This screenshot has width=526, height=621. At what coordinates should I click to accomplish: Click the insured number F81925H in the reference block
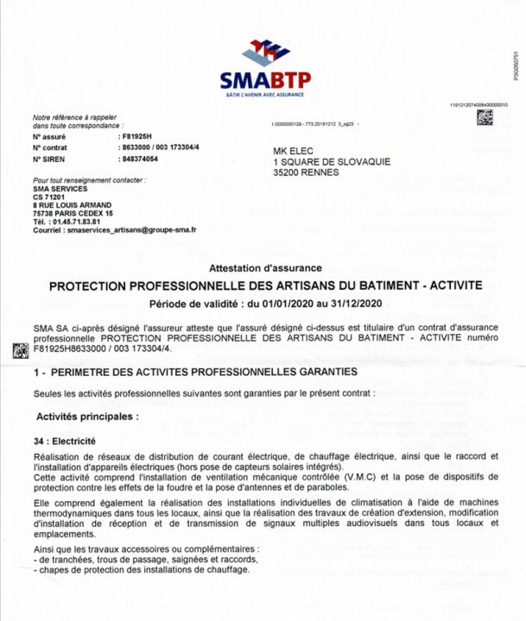pyautogui.click(x=133, y=137)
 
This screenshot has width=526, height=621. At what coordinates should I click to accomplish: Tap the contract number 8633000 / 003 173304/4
pyautogui.click(x=159, y=148)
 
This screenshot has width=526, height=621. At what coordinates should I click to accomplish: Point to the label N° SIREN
pyautogui.click(x=49, y=160)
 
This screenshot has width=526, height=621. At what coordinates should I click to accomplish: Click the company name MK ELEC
pyautogui.click(x=294, y=150)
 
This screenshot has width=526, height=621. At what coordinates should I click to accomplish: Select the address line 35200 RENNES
pyautogui.click(x=307, y=172)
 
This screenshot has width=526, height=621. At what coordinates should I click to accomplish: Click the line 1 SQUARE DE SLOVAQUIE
pyautogui.click(x=332, y=161)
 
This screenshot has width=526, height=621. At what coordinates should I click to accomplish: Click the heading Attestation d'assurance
pyautogui.click(x=265, y=268)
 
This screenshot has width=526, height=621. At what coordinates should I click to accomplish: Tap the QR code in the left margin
pyautogui.click(x=17, y=350)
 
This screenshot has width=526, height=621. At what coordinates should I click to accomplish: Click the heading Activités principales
pyautogui.click(x=86, y=416)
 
